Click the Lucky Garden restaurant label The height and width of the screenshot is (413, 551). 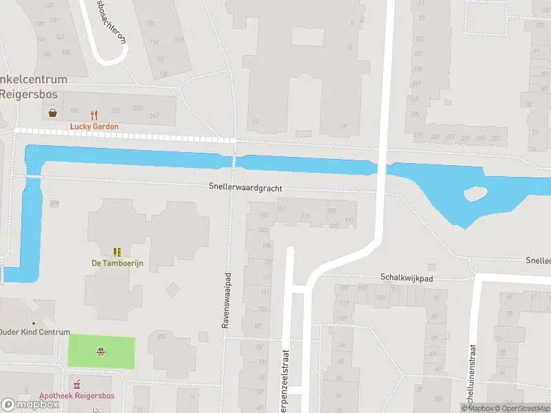click(x=94, y=127)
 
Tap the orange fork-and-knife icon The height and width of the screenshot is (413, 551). click(x=94, y=114)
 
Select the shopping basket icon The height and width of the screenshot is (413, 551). click(x=52, y=113)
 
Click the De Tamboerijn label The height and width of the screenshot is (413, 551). click(x=116, y=263)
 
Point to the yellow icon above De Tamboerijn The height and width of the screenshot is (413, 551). click(x=117, y=252)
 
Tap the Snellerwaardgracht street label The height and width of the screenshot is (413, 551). click(x=246, y=187)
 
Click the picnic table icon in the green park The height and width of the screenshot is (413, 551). click(x=101, y=352)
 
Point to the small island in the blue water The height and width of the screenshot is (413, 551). click(x=475, y=195)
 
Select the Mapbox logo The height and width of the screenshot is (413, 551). click(x=30, y=405)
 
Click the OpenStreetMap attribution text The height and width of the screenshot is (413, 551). click(x=521, y=408)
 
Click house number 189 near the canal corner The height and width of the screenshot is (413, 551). click(x=54, y=203)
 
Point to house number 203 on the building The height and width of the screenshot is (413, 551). click(x=162, y=336)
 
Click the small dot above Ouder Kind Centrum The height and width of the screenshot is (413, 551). click(x=32, y=323)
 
